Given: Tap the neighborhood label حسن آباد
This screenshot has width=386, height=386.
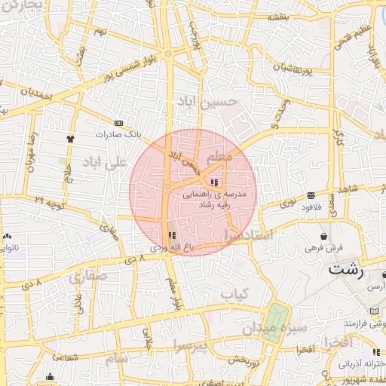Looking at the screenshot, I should point(207,101).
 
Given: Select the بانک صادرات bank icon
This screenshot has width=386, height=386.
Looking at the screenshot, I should point(118,123).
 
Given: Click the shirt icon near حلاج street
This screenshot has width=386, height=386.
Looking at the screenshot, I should point(71,139).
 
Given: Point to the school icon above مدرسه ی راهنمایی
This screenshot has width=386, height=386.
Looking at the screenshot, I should point(215,182).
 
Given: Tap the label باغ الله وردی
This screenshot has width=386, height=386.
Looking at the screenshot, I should point(166,247).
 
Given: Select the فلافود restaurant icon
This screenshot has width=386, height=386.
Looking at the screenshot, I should point(311,195).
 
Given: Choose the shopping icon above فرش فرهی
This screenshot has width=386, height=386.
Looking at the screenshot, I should point(323,236).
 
